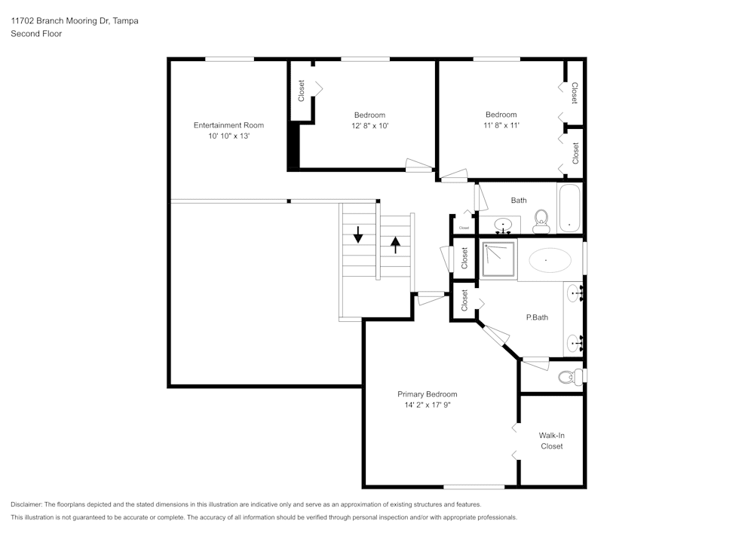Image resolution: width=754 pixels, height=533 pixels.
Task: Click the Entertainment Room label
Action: coord(228,125)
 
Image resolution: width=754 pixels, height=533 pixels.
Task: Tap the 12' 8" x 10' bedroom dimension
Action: coord(369,126)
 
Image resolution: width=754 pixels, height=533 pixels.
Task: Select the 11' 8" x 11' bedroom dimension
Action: coord(501,126)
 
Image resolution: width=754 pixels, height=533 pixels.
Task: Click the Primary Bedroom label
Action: coord(427,394)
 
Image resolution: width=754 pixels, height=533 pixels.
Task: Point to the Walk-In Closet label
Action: coord(552,440)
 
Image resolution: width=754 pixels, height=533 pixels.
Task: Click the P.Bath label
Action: coord(537,317)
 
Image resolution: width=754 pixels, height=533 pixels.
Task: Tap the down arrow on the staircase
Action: coord(358,234)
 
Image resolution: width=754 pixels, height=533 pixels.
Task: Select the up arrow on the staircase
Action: coord(396,245)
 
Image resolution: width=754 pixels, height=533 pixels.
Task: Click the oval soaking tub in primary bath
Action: coord(550,261)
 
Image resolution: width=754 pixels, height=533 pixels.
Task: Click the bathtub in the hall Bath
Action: coord(569,208)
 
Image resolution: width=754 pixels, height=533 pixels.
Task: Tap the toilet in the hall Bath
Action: coord(541,221)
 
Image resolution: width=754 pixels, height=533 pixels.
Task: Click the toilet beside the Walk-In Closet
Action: coord(569,376)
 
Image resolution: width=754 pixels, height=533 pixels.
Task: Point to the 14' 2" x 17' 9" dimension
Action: coord(427,406)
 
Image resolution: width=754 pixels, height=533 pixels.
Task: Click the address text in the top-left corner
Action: coord(74,21)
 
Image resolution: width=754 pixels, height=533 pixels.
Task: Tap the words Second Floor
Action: coord(36,34)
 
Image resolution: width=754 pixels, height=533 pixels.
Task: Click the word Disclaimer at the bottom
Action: coord(26,504)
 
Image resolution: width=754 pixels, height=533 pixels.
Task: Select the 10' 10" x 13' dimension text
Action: coord(228,136)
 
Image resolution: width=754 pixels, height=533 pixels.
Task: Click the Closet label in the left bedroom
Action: coord(302,91)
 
